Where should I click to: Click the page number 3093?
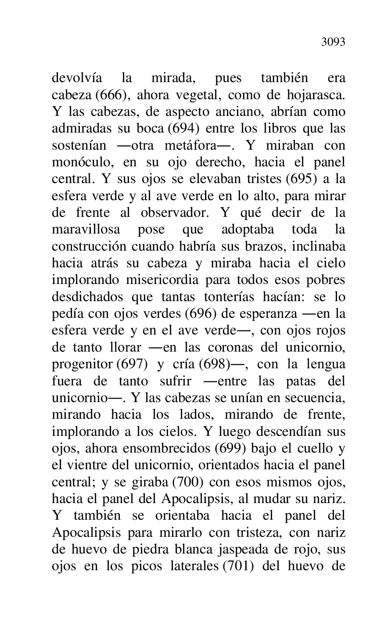tap(333, 42)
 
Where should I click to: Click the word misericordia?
tap(161, 280)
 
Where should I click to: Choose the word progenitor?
tap(81, 364)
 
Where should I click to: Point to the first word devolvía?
tap(77, 79)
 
